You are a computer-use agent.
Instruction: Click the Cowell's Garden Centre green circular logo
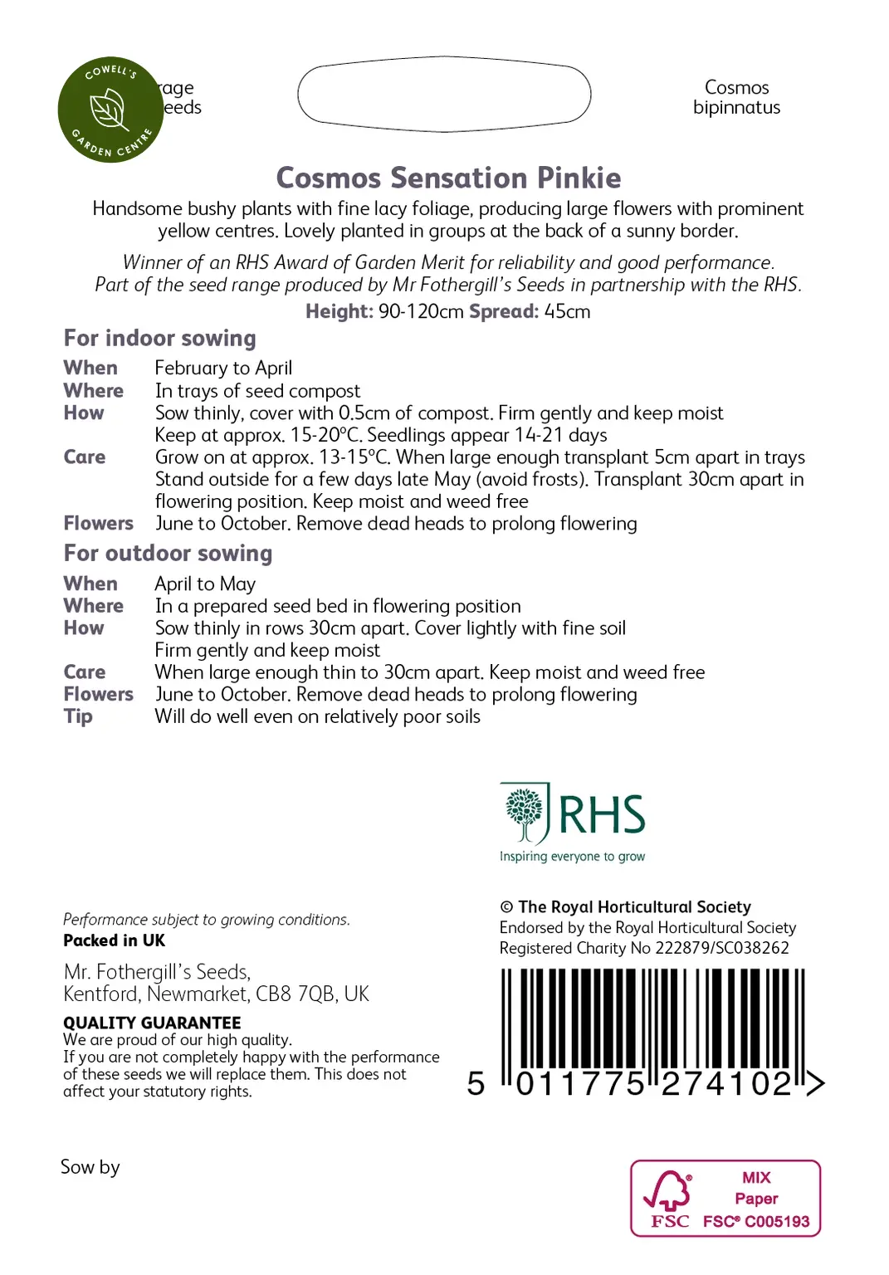(110, 110)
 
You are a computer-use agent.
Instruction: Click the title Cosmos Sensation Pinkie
(448, 178)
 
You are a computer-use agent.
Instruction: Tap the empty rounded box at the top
(444, 94)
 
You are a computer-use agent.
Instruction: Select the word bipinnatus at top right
(736, 108)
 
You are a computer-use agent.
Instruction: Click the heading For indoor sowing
(159, 339)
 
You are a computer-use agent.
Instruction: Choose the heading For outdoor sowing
(168, 554)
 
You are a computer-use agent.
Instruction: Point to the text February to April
(223, 368)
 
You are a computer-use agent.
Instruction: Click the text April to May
(205, 584)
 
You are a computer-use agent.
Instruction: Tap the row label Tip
(78, 716)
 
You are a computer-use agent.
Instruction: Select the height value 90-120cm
(421, 312)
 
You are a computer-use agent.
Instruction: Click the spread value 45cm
(567, 312)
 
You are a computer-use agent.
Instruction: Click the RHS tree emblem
(524, 812)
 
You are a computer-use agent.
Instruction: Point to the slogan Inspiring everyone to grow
(572, 857)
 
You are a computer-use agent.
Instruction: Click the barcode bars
(652, 1019)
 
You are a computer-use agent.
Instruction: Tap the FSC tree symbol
(668, 1190)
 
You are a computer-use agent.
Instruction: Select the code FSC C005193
(755, 1221)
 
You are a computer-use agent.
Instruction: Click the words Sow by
(90, 1167)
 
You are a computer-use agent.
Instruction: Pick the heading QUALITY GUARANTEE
(152, 1023)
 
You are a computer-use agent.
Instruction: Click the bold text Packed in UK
(114, 940)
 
